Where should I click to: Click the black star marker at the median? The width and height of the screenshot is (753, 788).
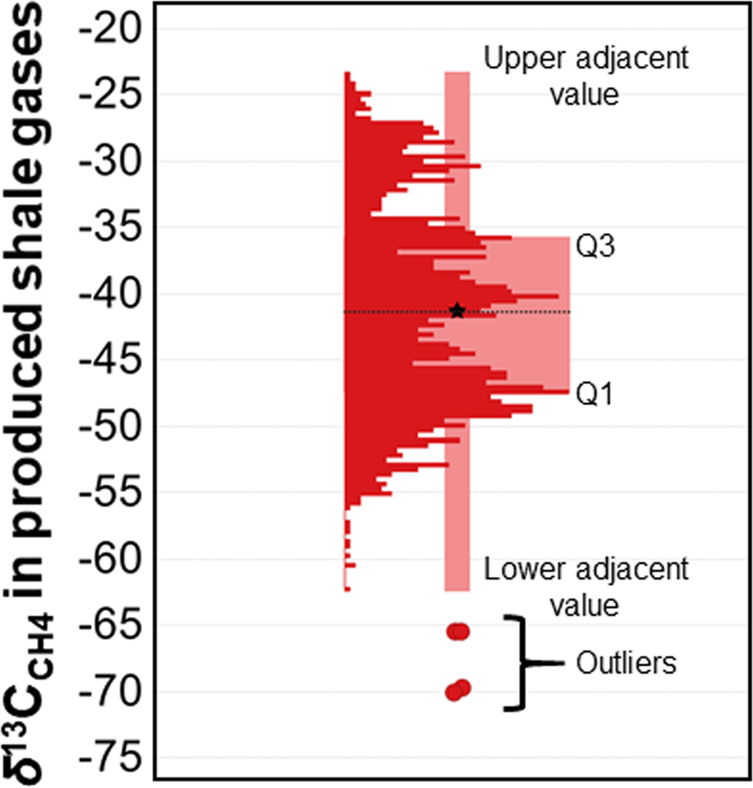click(457, 310)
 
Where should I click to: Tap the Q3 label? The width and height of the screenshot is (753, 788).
click(592, 248)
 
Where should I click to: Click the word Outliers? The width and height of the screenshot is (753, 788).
click(627, 663)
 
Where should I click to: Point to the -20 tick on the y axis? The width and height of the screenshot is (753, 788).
click(108, 29)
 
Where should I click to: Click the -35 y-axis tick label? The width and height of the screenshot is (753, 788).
click(108, 228)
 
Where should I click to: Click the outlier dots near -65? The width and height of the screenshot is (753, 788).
click(457, 631)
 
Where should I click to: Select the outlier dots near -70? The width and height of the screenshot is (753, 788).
click(457, 689)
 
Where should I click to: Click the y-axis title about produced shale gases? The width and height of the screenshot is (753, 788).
click(36, 392)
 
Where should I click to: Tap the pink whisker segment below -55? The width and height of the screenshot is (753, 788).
click(457, 543)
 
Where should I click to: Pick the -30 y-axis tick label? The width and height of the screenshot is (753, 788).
click(108, 162)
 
